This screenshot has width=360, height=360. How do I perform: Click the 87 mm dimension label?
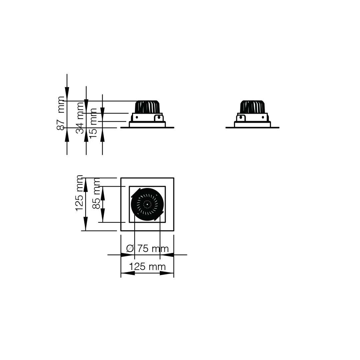click(61, 113)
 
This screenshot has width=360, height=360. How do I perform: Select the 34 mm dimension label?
click(80, 118)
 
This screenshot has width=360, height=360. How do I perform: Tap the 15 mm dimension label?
click(93, 123)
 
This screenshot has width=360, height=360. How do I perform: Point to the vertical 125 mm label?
click(79, 193)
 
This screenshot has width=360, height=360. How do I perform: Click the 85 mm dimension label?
click(96, 193)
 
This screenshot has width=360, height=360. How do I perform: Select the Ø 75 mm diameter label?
click(147, 248)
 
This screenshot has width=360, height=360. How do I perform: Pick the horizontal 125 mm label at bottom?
click(147, 267)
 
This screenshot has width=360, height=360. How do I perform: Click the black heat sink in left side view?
click(147, 107)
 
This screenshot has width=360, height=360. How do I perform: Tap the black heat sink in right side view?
click(252, 107)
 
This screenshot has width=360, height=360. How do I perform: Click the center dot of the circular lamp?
click(147, 204)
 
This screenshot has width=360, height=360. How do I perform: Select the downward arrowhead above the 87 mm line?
click(67, 94)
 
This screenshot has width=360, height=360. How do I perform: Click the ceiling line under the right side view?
click(252, 127)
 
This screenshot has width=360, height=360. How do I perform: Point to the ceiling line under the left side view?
click(147, 127)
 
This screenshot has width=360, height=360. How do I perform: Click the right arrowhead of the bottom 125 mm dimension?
click(167, 273)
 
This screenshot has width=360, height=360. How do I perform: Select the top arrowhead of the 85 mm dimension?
click(102, 193)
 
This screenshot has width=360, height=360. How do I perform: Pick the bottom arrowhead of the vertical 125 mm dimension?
click(85, 224)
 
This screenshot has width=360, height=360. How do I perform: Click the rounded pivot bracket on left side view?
click(158, 118)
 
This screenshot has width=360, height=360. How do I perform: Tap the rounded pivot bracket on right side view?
click(241, 118)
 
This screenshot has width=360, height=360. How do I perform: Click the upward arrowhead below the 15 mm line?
click(102, 135)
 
